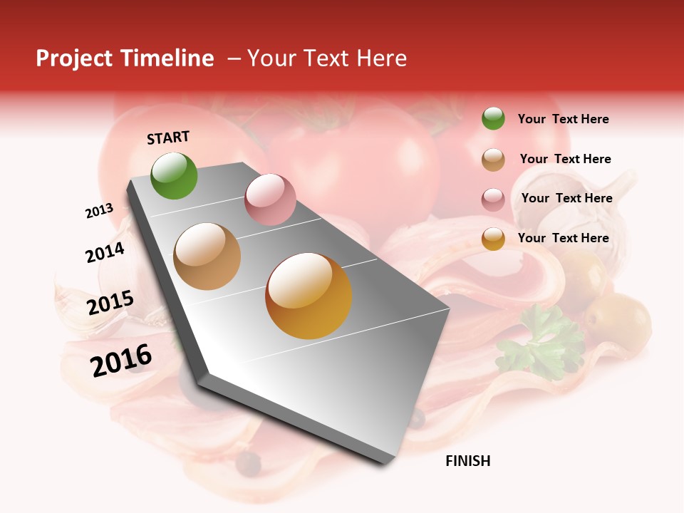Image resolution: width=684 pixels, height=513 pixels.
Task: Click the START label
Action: click(x=168, y=138)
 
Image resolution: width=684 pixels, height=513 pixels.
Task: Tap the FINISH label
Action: click(x=467, y=461)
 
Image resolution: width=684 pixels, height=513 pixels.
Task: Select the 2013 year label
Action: click(x=99, y=211)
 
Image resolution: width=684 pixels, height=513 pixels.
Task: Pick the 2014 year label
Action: click(x=105, y=252)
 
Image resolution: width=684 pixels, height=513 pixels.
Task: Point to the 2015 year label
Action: click(x=110, y=303)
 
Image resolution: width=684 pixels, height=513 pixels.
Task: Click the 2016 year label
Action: click(x=121, y=360)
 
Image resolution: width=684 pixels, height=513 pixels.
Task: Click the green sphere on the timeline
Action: click(x=174, y=175)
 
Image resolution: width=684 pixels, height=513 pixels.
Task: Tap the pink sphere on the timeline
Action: click(x=270, y=199)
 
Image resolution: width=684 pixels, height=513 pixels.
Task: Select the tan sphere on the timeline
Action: click(x=207, y=256)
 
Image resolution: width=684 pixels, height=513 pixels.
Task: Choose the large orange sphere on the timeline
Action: click(x=309, y=296)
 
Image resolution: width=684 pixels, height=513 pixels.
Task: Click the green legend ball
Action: click(x=493, y=118)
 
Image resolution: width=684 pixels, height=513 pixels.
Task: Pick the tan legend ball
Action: click(x=493, y=160)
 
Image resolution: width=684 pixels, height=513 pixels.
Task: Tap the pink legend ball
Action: click(x=493, y=199)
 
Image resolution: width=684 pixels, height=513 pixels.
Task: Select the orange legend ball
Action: click(x=493, y=239)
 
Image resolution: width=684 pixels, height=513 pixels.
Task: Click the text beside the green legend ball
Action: click(x=563, y=119)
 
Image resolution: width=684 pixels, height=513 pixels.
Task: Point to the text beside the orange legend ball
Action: click(x=563, y=238)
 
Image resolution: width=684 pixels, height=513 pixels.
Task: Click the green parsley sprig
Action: click(x=541, y=338)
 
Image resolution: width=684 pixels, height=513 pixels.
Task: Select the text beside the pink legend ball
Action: click(x=566, y=198)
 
